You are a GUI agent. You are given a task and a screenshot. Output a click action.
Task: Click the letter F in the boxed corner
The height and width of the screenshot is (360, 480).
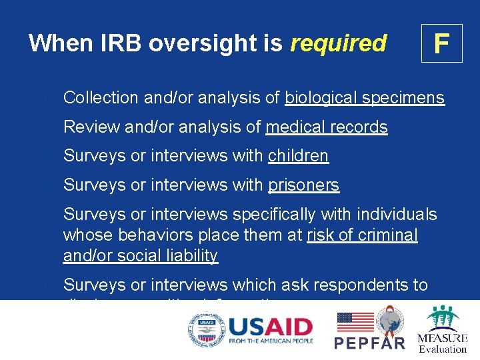pos(441,43)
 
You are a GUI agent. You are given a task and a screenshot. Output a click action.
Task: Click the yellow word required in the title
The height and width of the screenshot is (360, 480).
pos(339,43)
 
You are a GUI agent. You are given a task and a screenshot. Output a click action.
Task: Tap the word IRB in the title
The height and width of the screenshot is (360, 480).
pos(122,43)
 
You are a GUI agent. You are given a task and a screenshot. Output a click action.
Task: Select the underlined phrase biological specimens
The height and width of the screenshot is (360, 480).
pos(364,98)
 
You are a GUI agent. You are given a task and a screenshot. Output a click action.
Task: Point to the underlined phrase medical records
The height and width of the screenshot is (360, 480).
pos(326,127)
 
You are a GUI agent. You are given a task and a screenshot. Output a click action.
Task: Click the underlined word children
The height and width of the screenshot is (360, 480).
pos(298,156)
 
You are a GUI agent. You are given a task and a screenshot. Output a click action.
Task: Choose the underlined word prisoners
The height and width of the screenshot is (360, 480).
pos(303,185)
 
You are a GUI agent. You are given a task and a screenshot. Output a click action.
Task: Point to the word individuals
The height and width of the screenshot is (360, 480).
pos(397,215)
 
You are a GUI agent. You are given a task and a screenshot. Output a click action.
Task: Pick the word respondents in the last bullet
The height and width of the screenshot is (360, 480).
pos(375,285)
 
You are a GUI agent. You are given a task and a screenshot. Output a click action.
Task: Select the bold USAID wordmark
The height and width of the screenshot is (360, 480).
pos(270,327)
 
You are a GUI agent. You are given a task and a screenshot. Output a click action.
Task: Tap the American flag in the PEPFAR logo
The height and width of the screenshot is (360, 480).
pos(355,322)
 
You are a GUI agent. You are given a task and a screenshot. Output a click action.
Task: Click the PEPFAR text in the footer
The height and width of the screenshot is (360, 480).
pos(369,343)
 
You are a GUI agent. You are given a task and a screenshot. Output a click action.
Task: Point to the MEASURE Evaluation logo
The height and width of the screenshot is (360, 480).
pos(442,329)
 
